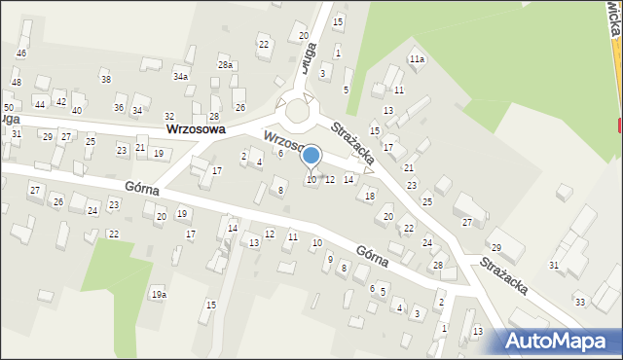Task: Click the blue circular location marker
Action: pyautogui.click(x=311, y=155)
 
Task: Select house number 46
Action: pyautogui.click(x=21, y=53)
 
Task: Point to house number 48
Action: pyautogui.click(x=16, y=83)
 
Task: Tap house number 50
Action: pyautogui.click(x=8, y=107)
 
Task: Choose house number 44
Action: pyautogui.click(x=40, y=103)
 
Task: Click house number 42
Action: pyautogui.click(x=60, y=101)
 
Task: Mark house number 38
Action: pyautogui.click(x=105, y=79)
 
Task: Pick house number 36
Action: pyautogui.click(x=119, y=107)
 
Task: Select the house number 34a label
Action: pyautogui.click(x=180, y=76)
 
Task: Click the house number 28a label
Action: pyautogui.click(x=225, y=64)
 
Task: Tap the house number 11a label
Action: pyautogui.click(x=417, y=59)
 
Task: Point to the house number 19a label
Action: pyautogui.click(x=158, y=294)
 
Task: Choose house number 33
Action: pyautogui.click(x=580, y=302)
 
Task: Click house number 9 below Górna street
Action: pyautogui.click(x=330, y=259)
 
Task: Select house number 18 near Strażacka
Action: pyautogui.click(x=369, y=196)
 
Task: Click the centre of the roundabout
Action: pyautogui.click(x=296, y=118)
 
